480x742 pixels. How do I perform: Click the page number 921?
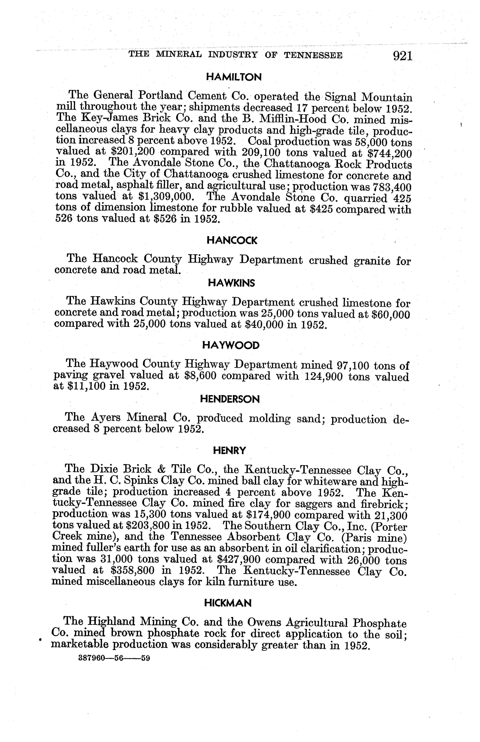point(403,56)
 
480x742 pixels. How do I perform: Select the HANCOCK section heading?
point(232,240)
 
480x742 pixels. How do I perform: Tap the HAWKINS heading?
point(231,283)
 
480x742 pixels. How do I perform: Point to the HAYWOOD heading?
point(231,345)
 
